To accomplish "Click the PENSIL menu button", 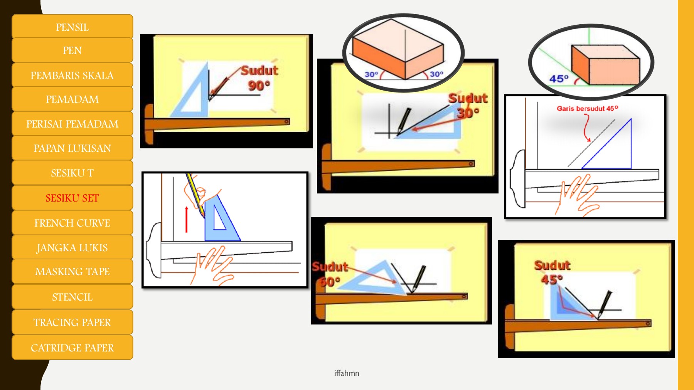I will [72, 27].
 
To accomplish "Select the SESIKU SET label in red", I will [72, 198].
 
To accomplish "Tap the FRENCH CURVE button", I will [72, 223].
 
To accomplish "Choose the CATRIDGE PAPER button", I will [72, 348].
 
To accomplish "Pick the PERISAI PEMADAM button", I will [72, 124].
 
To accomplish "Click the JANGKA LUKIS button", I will [72, 248].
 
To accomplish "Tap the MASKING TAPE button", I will [72, 272].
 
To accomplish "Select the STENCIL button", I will [72, 297].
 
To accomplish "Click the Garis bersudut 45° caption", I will [587, 109].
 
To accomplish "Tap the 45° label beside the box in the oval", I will [559, 79].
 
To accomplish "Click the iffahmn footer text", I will [347, 373].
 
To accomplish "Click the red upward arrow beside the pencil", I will [187, 220].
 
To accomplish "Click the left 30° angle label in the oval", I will [371, 74].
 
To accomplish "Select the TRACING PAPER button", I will [72, 323].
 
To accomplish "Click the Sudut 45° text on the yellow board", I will [551, 272].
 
